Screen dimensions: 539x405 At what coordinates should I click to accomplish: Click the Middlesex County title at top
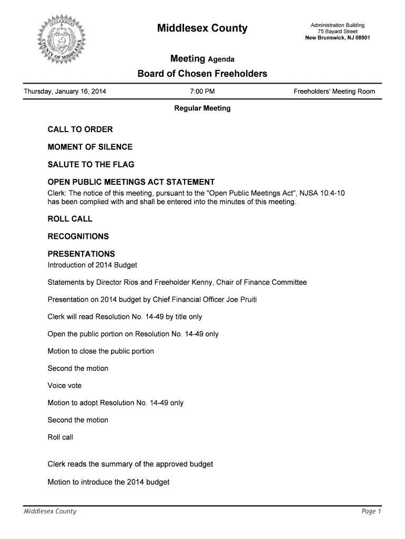202,28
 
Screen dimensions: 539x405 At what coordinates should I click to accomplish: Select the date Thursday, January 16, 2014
65,92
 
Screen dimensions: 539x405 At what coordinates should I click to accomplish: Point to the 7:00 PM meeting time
202,92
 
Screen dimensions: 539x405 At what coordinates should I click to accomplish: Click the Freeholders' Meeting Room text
335,92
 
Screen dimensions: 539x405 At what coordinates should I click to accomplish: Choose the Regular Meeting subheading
202,108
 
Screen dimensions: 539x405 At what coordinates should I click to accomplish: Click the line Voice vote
65,386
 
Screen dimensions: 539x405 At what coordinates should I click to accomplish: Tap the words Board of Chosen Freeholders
202,74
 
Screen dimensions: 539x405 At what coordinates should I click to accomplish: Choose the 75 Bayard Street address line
337,32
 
